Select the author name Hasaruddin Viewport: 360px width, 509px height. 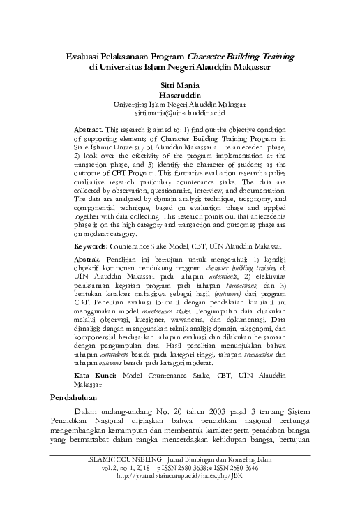tap(180, 93)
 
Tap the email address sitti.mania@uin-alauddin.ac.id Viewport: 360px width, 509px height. tap(180, 112)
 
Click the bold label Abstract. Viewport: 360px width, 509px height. tap(88, 130)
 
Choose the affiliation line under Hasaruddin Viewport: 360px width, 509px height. tap(180, 103)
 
